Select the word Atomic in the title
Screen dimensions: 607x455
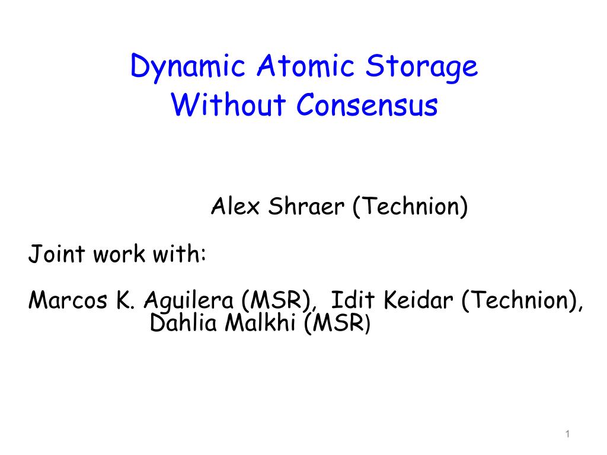(x=305, y=65)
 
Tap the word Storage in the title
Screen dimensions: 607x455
(x=421, y=68)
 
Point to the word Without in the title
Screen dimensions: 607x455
(x=228, y=104)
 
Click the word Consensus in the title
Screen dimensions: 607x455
(x=367, y=104)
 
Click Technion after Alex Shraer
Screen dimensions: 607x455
(x=410, y=207)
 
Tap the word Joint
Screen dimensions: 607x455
(x=56, y=254)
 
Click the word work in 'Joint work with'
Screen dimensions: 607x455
(x=119, y=254)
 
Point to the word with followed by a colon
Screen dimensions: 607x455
(x=179, y=254)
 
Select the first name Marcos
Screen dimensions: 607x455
(x=68, y=300)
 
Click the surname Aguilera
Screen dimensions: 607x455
(x=189, y=301)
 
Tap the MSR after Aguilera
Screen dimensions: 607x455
(x=276, y=300)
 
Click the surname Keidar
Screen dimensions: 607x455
(x=418, y=300)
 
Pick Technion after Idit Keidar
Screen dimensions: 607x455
(x=522, y=300)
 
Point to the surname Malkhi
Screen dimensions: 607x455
(x=261, y=322)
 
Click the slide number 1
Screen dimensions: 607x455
(x=567, y=434)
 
